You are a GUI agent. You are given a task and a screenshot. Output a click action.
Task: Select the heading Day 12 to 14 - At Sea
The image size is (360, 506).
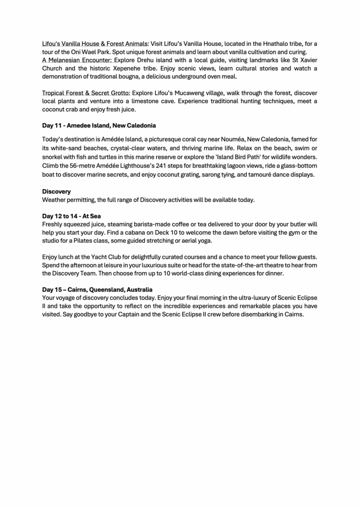[71, 216]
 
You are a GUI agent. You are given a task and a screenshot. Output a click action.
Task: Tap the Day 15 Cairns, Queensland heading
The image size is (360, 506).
[97, 289]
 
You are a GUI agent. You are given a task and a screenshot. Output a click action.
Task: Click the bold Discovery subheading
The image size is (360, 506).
[56, 191]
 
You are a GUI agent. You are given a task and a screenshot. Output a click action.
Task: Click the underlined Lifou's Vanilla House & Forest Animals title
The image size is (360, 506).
[94, 43]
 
